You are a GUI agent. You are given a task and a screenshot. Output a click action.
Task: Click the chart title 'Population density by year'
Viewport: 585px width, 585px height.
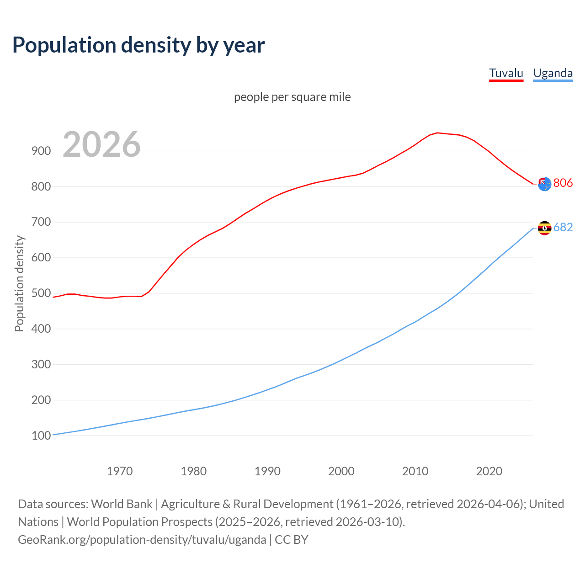pyautogui.click(x=138, y=45)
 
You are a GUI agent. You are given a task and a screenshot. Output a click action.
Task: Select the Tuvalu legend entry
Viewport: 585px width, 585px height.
pyautogui.click(x=506, y=73)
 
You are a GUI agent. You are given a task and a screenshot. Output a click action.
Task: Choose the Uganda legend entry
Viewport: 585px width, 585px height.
pyautogui.click(x=553, y=73)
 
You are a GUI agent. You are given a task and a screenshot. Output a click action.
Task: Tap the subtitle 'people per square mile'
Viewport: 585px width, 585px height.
pyautogui.click(x=292, y=97)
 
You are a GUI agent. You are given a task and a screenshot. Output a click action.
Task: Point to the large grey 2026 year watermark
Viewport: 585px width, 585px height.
pyautogui.click(x=101, y=144)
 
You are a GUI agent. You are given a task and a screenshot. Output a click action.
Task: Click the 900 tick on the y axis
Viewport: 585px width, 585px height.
pyautogui.click(x=41, y=151)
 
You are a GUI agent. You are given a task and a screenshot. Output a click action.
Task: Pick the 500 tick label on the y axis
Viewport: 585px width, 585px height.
pyautogui.click(x=41, y=293)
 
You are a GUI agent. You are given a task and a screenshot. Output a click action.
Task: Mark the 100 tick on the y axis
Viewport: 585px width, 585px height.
pyautogui.click(x=41, y=436)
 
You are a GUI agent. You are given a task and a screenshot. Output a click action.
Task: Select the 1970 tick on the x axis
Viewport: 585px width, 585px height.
pyautogui.click(x=120, y=471)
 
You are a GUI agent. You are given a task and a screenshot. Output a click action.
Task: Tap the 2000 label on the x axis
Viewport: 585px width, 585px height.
pyautogui.click(x=341, y=471)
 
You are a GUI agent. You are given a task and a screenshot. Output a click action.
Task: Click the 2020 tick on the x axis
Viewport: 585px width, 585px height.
pyautogui.click(x=489, y=471)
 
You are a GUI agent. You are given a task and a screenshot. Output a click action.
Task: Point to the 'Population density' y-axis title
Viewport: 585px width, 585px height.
pyautogui.click(x=19, y=283)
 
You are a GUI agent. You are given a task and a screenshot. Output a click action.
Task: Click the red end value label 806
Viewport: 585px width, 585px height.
pyautogui.click(x=563, y=183)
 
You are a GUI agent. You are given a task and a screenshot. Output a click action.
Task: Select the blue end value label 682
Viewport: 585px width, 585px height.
pyautogui.click(x=563, y=227)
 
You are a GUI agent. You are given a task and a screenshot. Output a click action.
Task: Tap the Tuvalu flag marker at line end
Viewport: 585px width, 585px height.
pyautogui.click(x=544, y=184)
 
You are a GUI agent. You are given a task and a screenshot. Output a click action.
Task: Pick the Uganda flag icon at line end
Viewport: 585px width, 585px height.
pyautogui.click(x=544, y=228)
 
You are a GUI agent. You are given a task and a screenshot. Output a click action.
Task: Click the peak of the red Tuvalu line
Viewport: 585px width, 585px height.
pyautogui.click(x=437, y=133)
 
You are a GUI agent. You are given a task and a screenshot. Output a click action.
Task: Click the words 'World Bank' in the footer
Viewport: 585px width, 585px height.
pyautogui.click(x=122, y=504)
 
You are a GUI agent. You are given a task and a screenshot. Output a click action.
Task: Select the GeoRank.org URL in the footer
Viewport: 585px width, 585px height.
pyautogui.click(x=142, y=540)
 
